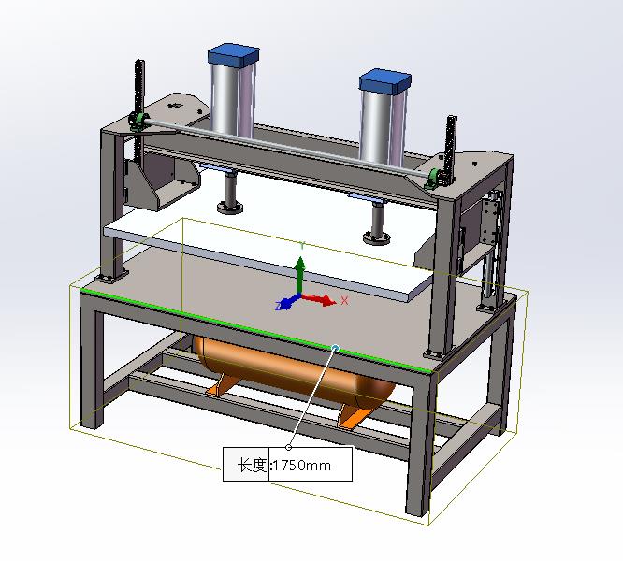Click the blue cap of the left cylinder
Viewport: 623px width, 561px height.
click(233, 55)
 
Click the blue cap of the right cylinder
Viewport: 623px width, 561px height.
click(385, 81)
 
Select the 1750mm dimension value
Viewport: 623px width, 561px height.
click(302, 465)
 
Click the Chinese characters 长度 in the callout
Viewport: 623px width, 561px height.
click(252, 465)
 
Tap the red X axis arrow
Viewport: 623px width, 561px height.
click(319, 299)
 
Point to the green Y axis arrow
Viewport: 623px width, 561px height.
click(300, 275)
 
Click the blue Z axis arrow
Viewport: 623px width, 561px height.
click(288, 303)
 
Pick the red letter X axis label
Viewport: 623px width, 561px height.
click(344, 300)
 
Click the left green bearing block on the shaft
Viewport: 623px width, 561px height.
click(138, 121)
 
